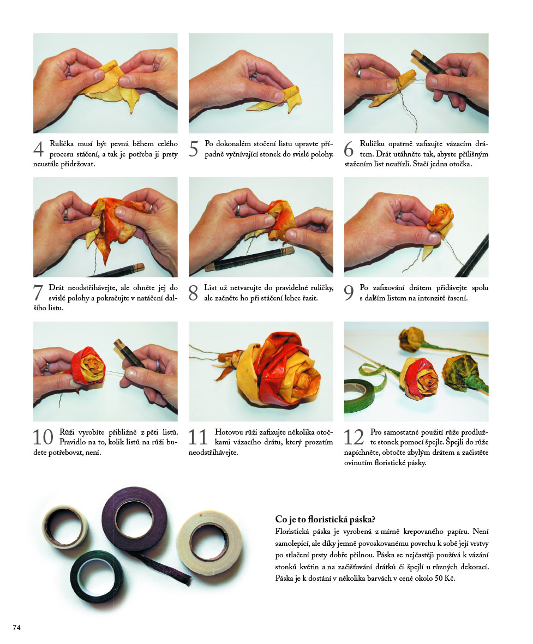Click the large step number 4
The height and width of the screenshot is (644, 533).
point(38,149)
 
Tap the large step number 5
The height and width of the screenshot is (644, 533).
point(194,149)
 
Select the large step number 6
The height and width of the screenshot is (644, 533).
point(349,149)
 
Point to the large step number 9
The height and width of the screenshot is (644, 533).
point(349,293)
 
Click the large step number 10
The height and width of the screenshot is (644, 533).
point(43,437)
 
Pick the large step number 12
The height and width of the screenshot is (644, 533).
point(354,437)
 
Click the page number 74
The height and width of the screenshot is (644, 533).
point(16,627)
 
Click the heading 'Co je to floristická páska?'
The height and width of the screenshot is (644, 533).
point(325,520)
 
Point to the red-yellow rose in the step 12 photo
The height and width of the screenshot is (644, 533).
point(419,378)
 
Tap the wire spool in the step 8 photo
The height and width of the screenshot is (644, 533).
point(250,260)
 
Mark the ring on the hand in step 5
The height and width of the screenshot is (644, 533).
point(254,75)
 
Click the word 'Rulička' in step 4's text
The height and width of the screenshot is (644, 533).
point(62,144)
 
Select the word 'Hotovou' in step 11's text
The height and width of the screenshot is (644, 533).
point(229,432)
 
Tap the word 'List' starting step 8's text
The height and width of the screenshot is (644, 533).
point(211,288)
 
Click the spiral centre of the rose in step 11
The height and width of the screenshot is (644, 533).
point(303,382)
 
